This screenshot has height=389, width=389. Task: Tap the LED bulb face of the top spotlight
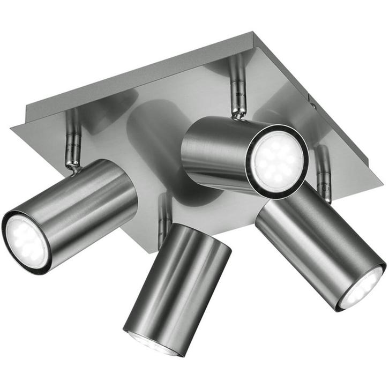277,159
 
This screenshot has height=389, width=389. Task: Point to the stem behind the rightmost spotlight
323,171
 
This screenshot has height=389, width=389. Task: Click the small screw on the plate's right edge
310,98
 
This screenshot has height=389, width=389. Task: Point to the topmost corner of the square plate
252,33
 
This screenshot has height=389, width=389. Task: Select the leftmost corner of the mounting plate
12,128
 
